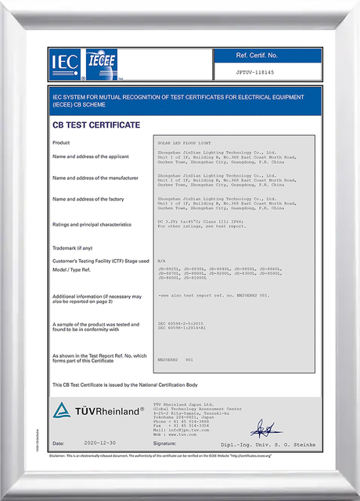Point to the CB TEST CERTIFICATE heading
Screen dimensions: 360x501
pos(96,124)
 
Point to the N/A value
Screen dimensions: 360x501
pos(162,260)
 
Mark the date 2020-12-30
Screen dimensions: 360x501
pos(99,443)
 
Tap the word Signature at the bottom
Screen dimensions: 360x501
pos(165,443)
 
